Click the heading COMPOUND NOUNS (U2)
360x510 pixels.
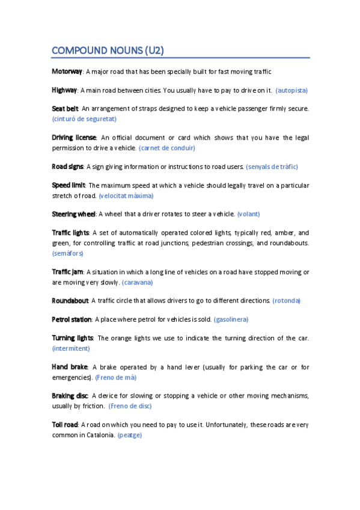108,50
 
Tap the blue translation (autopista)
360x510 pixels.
291,90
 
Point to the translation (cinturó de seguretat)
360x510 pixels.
84,119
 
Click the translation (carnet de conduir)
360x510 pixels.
167,148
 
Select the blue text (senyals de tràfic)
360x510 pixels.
272,166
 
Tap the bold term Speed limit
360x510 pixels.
69,185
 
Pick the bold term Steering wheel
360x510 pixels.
74,214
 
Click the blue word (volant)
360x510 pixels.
249,214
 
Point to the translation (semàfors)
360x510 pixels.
68,253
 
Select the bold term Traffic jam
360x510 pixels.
67,271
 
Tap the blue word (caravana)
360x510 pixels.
138,282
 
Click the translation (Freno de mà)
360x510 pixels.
116,377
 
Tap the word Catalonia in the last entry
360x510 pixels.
98,435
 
